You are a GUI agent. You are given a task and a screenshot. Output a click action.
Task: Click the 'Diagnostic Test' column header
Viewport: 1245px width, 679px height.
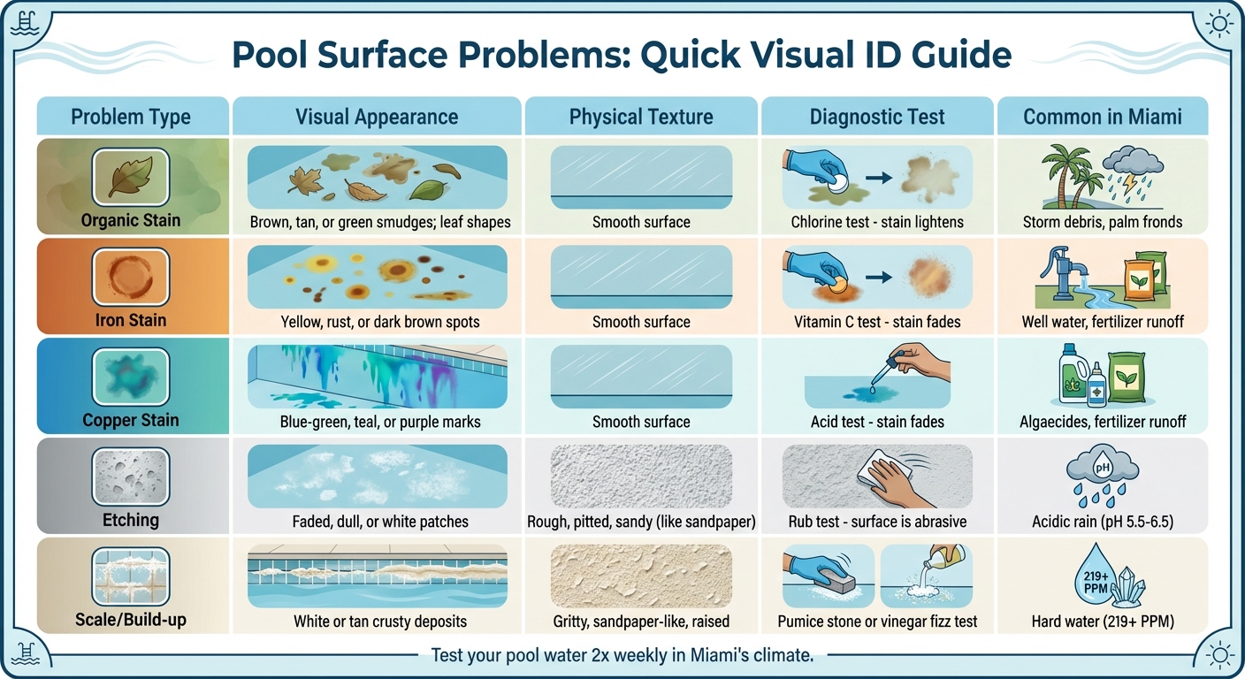click(877, 117)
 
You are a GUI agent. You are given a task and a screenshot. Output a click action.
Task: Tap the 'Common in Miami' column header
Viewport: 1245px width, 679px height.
click(1101, 117)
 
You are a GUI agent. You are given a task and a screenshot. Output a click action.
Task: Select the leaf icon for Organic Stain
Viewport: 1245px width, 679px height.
click(130, 176)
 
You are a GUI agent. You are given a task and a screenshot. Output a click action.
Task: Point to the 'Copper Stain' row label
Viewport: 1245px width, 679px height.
click(131, 420)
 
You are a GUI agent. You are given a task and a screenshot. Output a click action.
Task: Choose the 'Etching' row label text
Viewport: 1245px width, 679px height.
click(131, 519)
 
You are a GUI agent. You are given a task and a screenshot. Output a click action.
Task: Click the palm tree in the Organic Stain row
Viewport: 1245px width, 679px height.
click(1060, 178)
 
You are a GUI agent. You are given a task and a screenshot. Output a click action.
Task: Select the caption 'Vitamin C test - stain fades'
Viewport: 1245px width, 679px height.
click(877, 322)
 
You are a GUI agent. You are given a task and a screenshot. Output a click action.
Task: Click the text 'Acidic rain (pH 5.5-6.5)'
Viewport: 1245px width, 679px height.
click(1101, 521)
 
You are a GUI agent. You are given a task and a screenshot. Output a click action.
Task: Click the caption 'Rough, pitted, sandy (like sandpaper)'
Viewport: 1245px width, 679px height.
click(641, 522)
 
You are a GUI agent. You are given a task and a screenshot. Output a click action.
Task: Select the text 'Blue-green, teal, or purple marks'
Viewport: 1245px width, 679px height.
click(380, 422)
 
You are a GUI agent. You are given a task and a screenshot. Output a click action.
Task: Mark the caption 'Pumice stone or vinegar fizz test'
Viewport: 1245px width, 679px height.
click(877, 621)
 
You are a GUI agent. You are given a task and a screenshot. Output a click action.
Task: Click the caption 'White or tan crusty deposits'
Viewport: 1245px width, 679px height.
click(380, 622)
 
